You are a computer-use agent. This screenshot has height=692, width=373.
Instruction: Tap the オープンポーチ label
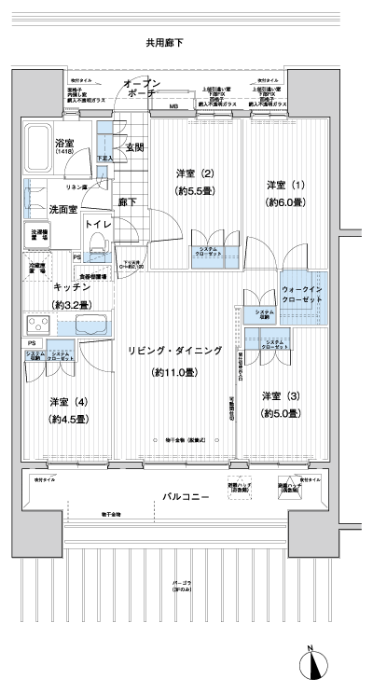143,90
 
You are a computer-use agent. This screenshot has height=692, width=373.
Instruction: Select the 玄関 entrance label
134,147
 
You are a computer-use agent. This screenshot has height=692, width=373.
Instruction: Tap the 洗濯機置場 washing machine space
39,236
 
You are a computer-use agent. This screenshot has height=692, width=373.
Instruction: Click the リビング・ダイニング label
175,351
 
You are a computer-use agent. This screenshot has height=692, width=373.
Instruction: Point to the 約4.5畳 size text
68,420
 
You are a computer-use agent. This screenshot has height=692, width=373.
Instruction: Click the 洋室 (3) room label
280,395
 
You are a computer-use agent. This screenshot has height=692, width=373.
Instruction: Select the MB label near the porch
173,108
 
